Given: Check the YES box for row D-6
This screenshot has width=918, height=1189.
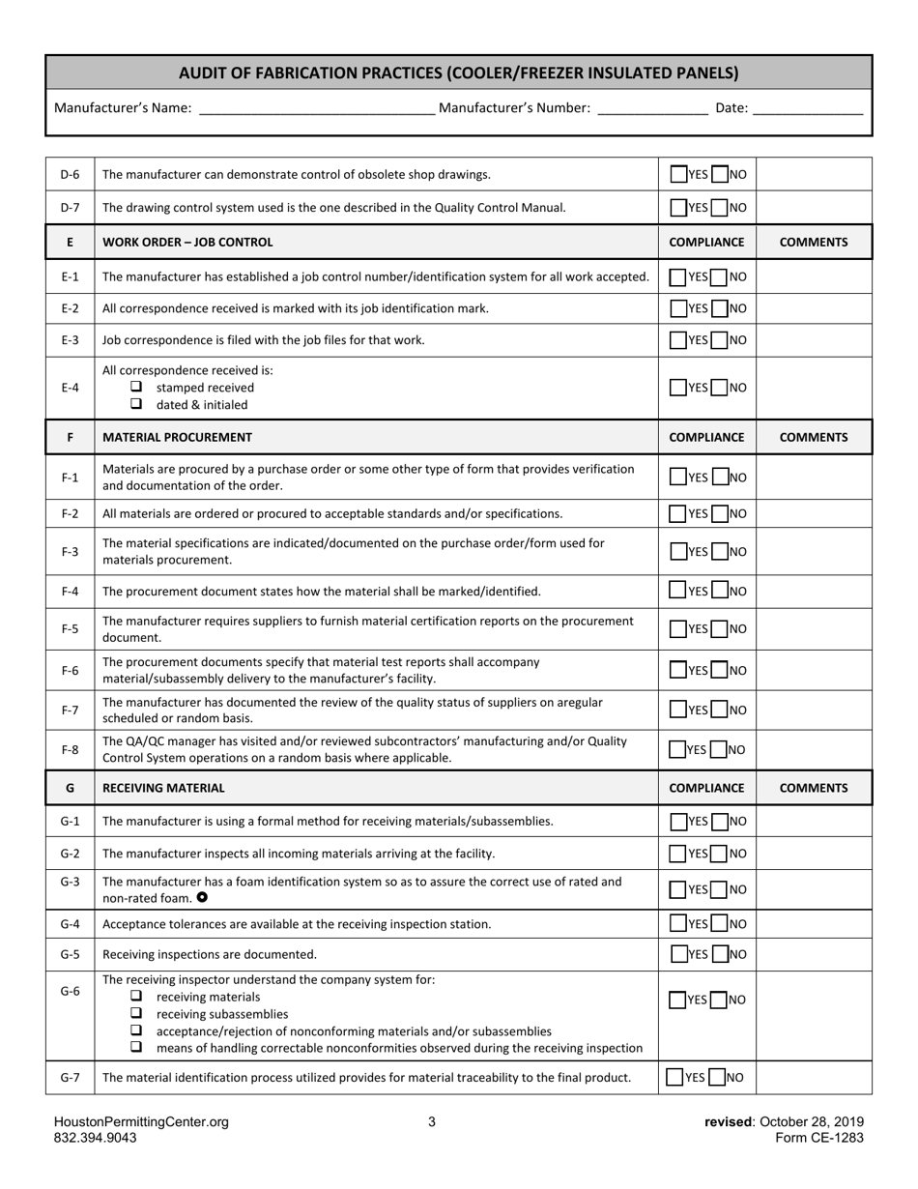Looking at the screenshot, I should (678, 175).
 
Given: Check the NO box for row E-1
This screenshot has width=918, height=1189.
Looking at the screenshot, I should (719, 277).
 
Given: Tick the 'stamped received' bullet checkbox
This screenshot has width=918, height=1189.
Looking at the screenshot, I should (136, 387).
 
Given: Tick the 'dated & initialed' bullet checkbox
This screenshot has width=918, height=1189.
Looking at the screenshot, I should (136, 404).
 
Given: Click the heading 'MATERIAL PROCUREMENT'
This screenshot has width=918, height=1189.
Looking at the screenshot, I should (177, 437).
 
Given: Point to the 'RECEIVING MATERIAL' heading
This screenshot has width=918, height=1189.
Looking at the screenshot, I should (163, 788).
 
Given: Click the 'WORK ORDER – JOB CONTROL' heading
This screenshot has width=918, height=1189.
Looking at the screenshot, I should (187, 243).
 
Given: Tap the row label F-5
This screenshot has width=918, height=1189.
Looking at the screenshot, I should (70, 629).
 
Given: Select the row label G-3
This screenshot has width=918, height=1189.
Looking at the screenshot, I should (70, 882).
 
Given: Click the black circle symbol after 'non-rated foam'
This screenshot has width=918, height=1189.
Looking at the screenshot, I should (201, 897).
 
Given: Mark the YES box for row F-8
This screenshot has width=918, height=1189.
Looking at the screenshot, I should (678, 749).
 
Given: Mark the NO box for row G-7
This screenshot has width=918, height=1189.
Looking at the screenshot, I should (716, 1077).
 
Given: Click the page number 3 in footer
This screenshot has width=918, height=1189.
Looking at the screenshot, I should (432, 1122).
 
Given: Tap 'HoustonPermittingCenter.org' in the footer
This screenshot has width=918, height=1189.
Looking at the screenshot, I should (141, 1122).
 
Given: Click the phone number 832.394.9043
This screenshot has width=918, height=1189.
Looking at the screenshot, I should (95, 1138).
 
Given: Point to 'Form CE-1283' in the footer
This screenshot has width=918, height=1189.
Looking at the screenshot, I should (818, 1138).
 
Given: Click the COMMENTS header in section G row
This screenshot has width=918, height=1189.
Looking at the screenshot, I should (814, 788).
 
